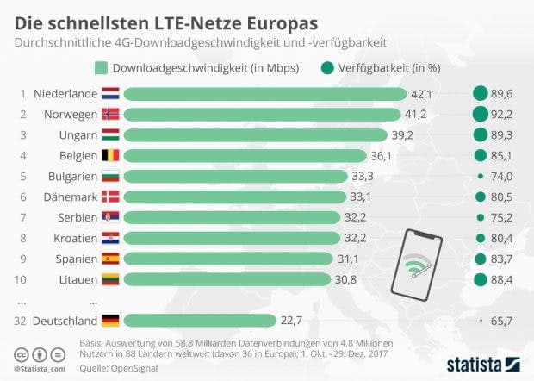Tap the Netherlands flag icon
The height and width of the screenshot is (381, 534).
110,93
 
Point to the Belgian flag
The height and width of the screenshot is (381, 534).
110,155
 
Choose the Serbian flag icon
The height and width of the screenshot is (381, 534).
110,216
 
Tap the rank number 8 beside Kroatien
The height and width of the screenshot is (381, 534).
21,237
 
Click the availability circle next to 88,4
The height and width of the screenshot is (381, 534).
481,278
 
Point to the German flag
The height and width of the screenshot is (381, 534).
110,321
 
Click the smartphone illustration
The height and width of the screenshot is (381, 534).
415,265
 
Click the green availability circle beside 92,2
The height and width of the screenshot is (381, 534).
481,114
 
